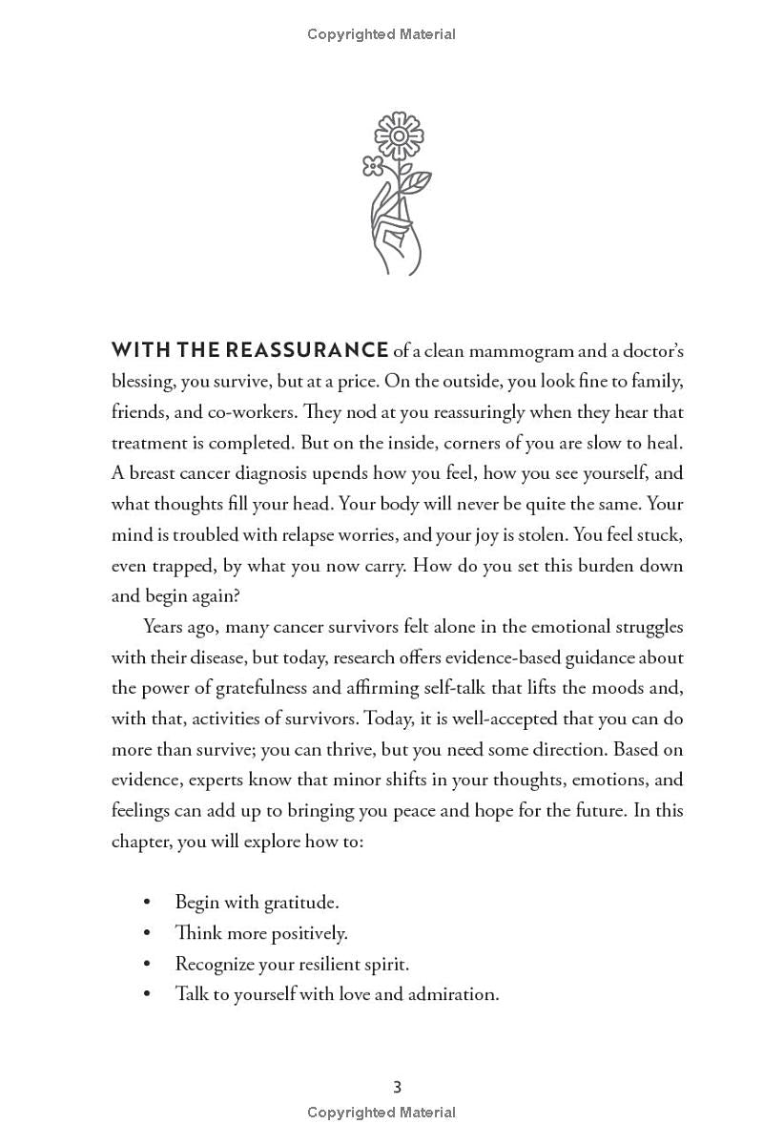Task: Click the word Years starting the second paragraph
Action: pos(166,626)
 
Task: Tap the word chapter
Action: pos(140,842)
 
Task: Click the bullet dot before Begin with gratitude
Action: pos(146,903)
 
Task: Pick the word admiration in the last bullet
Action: pos(453,994)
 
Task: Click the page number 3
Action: pos(398,1087)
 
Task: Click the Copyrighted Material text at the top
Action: pos(381,34)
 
